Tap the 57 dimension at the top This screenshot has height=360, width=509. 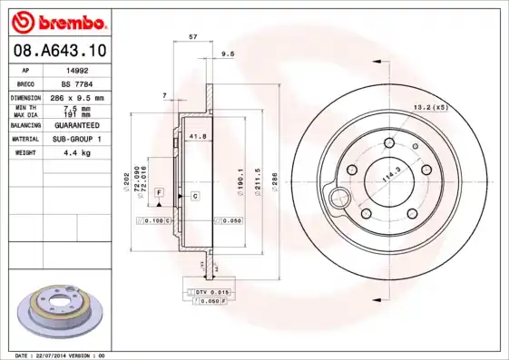tap(191, 37)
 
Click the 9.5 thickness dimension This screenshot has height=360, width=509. tap(228, 54)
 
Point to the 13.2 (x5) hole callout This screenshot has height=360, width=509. tap(430, 107)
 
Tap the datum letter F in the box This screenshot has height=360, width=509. tap(158, 193)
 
